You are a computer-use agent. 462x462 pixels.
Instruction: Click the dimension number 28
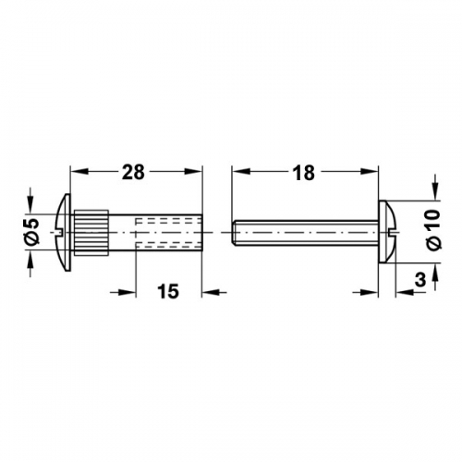[133, 173]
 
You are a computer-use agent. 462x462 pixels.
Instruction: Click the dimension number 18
[304, 173]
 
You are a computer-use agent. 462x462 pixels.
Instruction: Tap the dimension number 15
[168, 291]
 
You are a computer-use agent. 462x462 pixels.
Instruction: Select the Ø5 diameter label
[31, 232]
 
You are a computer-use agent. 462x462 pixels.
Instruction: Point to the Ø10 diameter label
[432, 230]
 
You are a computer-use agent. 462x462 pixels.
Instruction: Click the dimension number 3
[420, 280]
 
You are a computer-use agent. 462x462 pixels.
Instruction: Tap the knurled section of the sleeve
[91, 233]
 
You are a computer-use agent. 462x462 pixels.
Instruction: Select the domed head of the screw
[387, 232]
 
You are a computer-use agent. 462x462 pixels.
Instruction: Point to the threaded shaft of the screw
[306, 233]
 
